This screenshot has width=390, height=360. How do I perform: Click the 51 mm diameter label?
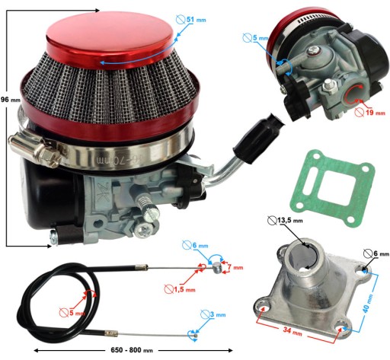click(196, 20)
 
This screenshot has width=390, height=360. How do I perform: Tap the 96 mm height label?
click(10, 100)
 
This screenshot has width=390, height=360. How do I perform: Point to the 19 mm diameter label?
click(376, 113)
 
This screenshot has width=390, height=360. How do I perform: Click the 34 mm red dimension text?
click(292, 331)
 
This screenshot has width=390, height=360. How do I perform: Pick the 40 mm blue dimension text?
click(368, 303)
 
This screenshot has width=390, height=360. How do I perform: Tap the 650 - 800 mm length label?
click(132, 350)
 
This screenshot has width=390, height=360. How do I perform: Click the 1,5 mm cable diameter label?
click(184, 289)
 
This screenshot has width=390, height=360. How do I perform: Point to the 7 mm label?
click(235, 267)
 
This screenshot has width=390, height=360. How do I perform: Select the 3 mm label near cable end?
click(218, 314)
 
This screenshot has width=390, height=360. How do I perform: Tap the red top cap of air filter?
click(110, 40)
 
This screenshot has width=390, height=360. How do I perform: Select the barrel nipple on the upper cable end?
click(217, 268)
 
